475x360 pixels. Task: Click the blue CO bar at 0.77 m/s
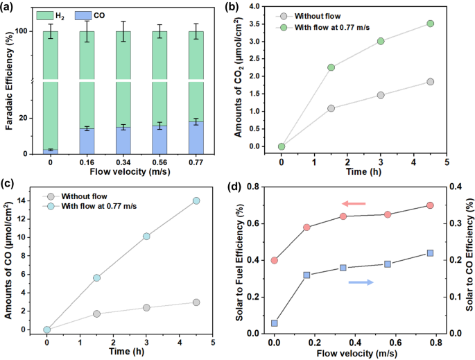[196, 137]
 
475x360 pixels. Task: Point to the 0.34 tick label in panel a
[123, 165]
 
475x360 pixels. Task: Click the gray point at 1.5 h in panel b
[331, 108]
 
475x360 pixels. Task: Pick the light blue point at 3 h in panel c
[146, 237]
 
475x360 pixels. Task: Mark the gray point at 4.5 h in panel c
[196, 302]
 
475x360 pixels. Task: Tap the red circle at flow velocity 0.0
[275, 261]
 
